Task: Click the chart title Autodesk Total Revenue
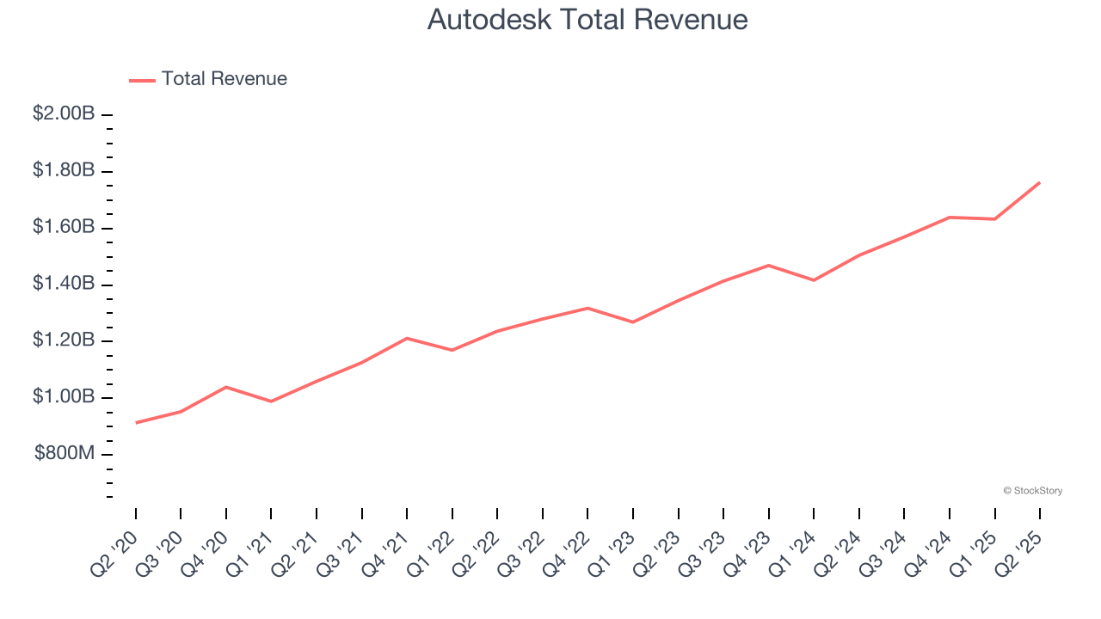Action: point(587,20)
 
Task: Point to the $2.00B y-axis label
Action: point(64,113)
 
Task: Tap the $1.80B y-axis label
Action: point(64,170)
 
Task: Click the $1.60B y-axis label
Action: point(64,227)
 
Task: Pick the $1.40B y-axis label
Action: point(64,284)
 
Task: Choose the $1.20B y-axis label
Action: point(64,340)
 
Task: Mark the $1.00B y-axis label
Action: point(64,397)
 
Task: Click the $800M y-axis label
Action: point(65,454)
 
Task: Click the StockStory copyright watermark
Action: point(1032,491)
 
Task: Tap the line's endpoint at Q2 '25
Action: point(1040,182)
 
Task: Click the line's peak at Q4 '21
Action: point(407,338)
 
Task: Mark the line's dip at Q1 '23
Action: point(633,322)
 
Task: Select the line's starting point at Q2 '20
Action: point(136,423)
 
